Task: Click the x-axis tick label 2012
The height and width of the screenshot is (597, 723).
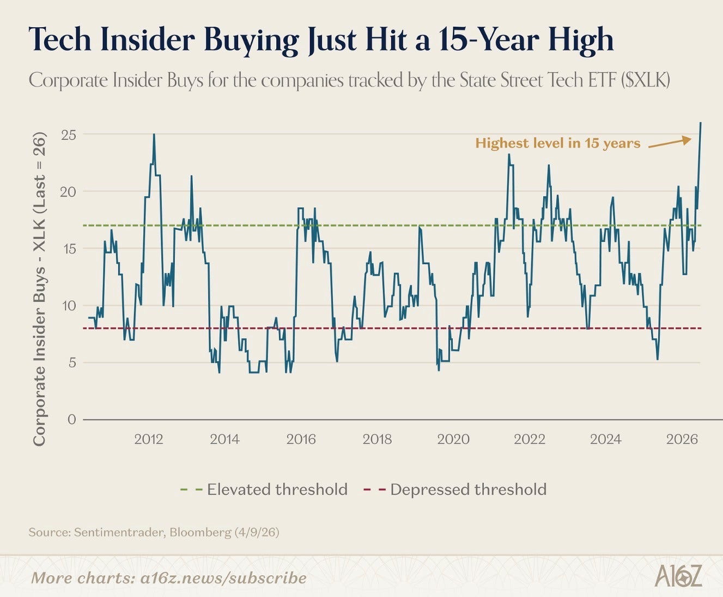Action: coord(149,439)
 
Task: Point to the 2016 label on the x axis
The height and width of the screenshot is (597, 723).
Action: coord(301,439)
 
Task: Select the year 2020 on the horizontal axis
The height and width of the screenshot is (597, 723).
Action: coord(453,439)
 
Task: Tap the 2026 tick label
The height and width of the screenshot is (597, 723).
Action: coord(682,439)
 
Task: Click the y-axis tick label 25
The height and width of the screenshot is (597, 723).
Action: coord(68,135)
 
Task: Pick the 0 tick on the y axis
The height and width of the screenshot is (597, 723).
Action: coord(72,419)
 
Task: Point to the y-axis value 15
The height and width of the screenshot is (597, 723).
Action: coord(68,248)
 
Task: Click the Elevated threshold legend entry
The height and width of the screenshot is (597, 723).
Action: coord(264,489)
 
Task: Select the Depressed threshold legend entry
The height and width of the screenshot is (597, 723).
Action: coord(455,489)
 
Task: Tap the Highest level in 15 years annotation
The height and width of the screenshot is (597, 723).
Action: coord(557,143)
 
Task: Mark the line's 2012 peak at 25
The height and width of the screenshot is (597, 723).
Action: coord(154,135)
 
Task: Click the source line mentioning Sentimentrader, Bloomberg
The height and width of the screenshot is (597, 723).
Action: coord(154,532)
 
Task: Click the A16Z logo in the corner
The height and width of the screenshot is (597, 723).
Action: coord(678,576)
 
